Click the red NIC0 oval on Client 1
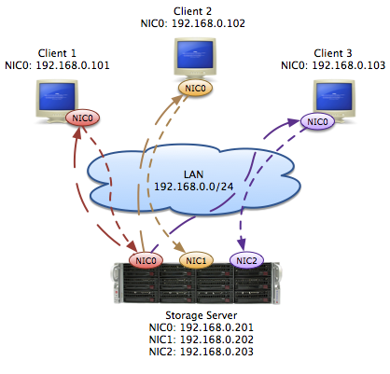(82, 118)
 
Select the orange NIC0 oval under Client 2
(195, 89)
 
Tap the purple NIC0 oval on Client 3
(317, 121)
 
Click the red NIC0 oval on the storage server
(146, 260)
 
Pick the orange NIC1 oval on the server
(196, 260)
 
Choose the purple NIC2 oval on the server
(246, 260)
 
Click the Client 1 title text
(57, 53)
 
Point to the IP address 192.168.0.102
(208, 23)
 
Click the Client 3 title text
(333, 53)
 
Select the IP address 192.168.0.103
(349, 65)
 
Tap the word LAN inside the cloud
(193, 174)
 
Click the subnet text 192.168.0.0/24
(194, 187)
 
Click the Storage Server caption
(202, 315)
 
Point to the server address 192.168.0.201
(216, 327)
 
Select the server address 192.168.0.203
(216, 352)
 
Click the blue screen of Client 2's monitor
(195, 55)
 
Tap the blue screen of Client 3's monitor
(334, 96)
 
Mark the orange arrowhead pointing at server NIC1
(180, 247)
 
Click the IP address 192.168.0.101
(73, 65)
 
